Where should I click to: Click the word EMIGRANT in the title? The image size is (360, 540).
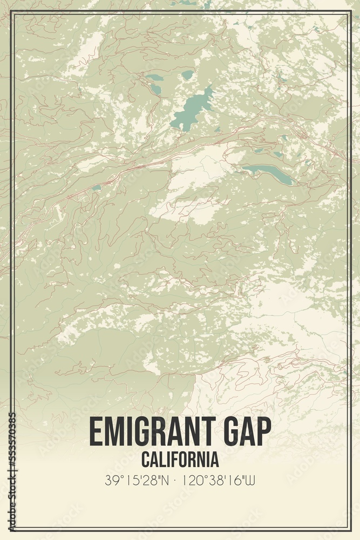coord(153,432)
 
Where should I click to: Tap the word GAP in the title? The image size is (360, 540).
coord(246,432)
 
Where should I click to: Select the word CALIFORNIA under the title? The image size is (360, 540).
coord(180,460)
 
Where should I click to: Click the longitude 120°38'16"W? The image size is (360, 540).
coord(218,480)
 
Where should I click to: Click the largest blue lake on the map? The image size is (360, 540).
coord(192,108)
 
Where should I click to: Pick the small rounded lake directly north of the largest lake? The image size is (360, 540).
coord(187,75)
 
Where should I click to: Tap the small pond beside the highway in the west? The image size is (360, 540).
coord(96,188)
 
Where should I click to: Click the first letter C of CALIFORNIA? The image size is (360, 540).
coord(146,460)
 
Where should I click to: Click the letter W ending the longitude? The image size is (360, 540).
coord(250,480)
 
